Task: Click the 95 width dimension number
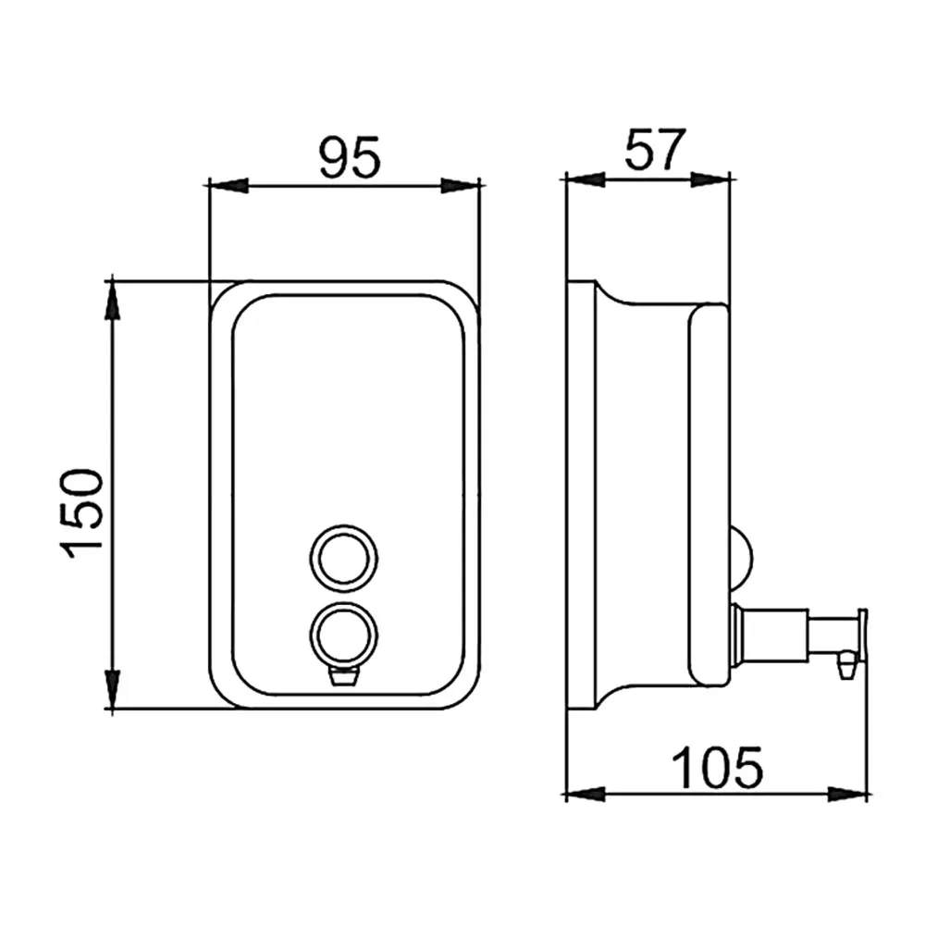click(350, 157)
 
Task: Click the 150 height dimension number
click(82, 513)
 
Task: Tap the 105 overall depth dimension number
click(718, 768)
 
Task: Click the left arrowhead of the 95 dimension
click(228, 185)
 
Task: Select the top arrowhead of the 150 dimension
click(112, 301)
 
